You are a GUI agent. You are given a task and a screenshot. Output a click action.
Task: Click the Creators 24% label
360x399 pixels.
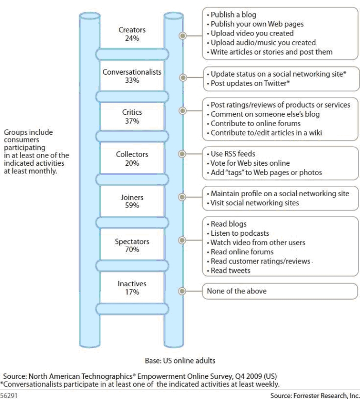point(132,34)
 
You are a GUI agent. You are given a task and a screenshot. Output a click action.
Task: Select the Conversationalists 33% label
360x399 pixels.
point(132,76)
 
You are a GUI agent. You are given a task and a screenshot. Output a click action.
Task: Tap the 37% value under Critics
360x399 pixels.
point(132,121)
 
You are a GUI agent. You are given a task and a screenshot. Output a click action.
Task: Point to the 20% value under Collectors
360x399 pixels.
point(132,163)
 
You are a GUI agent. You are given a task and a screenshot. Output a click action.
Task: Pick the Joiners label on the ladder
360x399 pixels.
point(132,197)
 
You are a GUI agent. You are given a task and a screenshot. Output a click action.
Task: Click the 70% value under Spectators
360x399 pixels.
point(132,249)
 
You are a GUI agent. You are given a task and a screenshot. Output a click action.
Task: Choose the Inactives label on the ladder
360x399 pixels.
point(132,284)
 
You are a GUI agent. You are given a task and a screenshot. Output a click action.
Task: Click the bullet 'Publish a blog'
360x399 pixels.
point(231,15)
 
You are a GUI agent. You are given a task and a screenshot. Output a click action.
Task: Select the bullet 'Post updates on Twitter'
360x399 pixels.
point(248,83)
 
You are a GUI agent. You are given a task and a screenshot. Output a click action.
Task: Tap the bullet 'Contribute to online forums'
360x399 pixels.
point(254,124)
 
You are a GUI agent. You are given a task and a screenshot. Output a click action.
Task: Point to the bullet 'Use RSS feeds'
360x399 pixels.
point(231,154)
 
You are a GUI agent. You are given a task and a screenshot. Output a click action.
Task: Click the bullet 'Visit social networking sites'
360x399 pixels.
point(253,203)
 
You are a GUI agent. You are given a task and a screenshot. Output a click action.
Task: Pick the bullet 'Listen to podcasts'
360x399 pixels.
point(238,233)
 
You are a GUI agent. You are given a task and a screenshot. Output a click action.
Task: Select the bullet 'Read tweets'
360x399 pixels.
point(228,270)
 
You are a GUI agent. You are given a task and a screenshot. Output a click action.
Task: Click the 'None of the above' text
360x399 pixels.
point(237,291)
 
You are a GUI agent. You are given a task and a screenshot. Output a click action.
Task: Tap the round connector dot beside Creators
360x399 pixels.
point(183,36)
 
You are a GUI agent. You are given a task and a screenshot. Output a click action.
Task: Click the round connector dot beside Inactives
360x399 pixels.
point(182,291)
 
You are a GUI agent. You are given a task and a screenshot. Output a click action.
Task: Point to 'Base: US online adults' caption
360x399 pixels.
point(180,360)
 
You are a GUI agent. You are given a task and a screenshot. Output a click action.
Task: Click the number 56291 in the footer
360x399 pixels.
point(9,395)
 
